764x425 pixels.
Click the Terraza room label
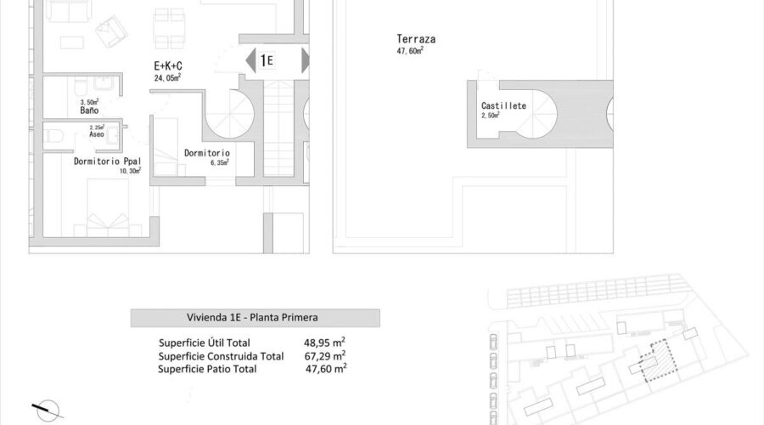coord(416,39)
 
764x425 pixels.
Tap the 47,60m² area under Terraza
coord(410,51)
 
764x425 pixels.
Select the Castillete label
coord(503,105)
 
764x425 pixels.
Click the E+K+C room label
coord(167,65)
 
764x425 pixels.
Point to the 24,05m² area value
coord(167,77)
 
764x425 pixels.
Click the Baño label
coord(89,110)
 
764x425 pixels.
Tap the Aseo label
coord(97,134)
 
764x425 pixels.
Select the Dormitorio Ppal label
coord(107,161)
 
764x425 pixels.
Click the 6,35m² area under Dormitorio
coord(219,162)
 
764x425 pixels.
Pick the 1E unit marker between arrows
coord(266,60)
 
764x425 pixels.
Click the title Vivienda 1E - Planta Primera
coord(252,317)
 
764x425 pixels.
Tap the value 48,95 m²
coord(324,343)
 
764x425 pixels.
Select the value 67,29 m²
coord(325,355)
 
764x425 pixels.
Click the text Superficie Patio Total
coord(207,369)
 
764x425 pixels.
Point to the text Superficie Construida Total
coord(221,356)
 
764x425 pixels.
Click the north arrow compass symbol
coord(48,411)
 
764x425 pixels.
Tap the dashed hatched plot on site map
coord(658,361)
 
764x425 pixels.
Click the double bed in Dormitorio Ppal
coord(108,208)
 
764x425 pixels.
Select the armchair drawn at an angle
coord(111,31)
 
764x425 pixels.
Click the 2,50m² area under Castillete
coord(490,115)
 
